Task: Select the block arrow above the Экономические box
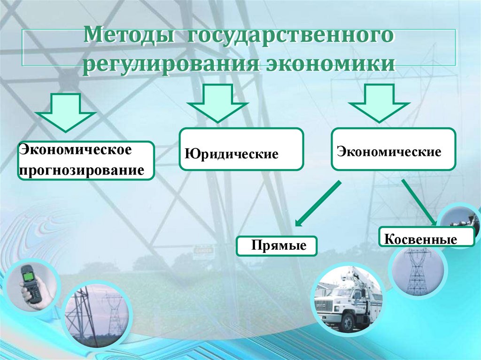[380, 103]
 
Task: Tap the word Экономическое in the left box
[74, 151]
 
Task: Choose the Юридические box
[241, 149]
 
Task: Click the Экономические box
[393, 149]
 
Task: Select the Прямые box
[277, 245]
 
